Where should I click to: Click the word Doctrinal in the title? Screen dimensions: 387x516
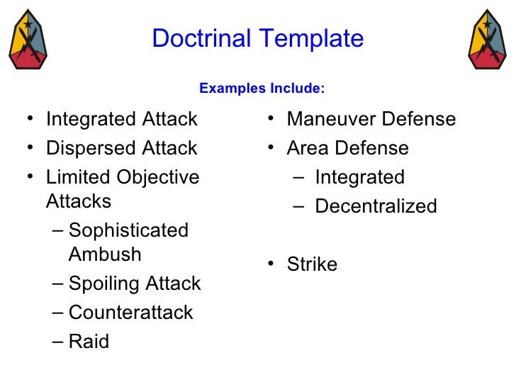pos(200,38)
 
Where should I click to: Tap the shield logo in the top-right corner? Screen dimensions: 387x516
pos(488,39)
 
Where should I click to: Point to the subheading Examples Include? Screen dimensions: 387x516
pos(262,89)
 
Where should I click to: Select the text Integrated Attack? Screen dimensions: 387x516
pos(121,119)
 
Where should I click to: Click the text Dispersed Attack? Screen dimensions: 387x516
pos(121,148)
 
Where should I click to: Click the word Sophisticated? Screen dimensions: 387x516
pos(129,231)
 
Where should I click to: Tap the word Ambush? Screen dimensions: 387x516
pos(105,254)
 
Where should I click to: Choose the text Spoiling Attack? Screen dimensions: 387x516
pos(135,284)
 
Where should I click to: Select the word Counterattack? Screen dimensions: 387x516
pos(131,313)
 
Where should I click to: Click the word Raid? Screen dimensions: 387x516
pos(89,342)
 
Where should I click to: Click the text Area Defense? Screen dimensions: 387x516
pos(347,148)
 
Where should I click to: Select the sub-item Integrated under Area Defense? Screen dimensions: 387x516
pos(359,177)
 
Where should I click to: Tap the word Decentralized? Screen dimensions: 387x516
pos(376,206)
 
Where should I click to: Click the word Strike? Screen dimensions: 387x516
pos(312,264)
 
